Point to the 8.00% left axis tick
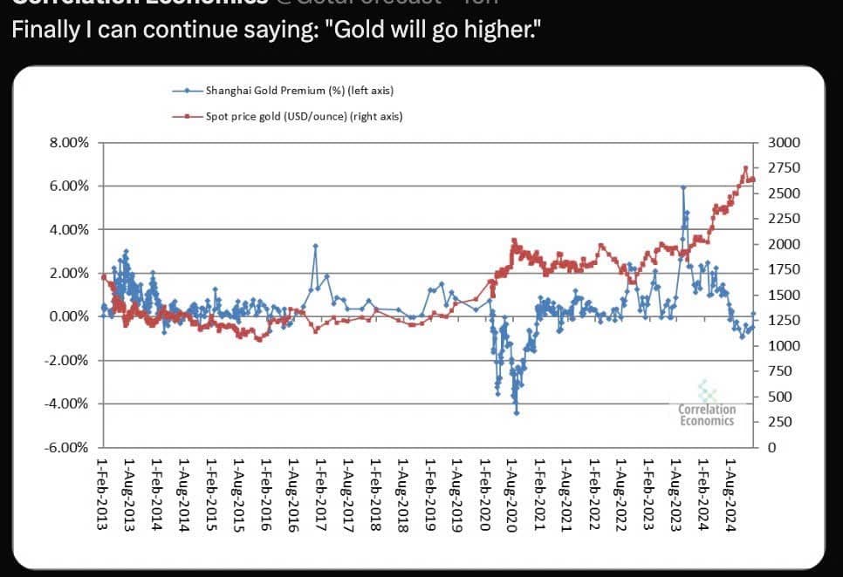click(x=70, y=143)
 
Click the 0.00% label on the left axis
click(x=70, y=316)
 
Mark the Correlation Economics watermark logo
click(x=707, y=405)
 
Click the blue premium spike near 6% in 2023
click(x=683, y=187)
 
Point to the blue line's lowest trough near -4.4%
click(x=517, y=412)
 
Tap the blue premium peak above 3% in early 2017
click(x=315, y=246)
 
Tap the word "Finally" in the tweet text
click(x=40, y=31)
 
